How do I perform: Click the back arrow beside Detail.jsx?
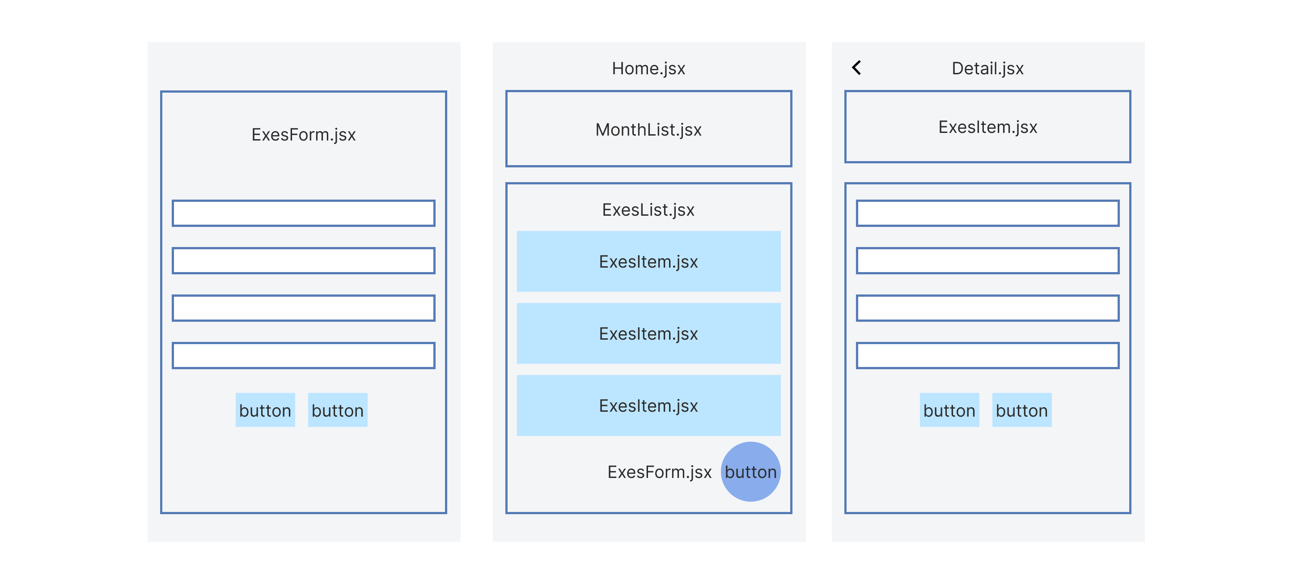pos(857,68)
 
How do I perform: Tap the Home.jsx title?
pos(648,68)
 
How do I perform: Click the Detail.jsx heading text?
pos(987,68)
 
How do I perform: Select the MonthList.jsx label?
pos(648,129)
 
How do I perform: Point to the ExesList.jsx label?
pos(648,210)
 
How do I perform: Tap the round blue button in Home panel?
pos(750,472)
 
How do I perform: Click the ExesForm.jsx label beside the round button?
pos(659,472)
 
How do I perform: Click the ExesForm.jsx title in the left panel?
pos(304,134)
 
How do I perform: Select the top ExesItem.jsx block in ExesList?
pos(648,261)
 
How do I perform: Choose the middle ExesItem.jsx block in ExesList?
pos(648,334)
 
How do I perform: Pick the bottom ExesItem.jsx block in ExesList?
pos(648,405)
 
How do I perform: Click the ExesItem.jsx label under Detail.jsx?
pos(987,127)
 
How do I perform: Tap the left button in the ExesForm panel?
pos(265,410)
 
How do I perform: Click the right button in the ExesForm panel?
pos(338,410)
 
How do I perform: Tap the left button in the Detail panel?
pos(949,410)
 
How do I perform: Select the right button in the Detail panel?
pos(1022,410)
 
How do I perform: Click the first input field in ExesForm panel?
pos(304,213)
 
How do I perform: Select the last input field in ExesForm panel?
pos(304,355)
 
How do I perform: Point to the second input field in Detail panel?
pos(987,260)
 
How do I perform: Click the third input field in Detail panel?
pos(987,308)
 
